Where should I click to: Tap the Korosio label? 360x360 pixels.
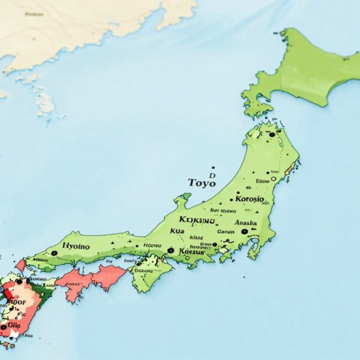coord(250,199)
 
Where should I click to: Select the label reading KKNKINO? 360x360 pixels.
coord(196,220)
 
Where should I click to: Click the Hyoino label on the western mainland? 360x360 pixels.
coord(76,246)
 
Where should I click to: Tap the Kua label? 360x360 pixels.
coord(177,231)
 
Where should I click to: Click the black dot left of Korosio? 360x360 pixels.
coord(231,199)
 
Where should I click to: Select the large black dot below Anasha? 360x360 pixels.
coord(244,231)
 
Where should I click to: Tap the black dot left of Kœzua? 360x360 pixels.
coord(170,250)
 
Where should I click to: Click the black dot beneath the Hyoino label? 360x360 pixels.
coord(54,253)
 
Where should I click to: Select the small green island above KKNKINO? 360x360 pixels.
coord(187,196)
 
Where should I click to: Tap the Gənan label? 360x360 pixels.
coord(226,231)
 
